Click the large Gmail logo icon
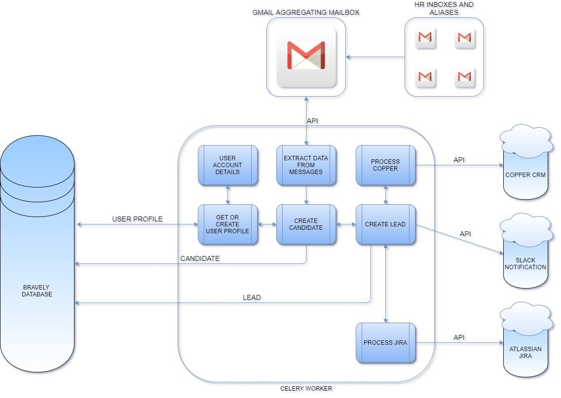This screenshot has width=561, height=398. click(x=306, y=57)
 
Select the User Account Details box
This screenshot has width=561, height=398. click(x=227, y=165)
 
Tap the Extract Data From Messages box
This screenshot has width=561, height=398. click(x=306, y=165)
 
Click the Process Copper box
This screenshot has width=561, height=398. click(x=385, y=165)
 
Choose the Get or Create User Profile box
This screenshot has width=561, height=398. click(x=227, y=224)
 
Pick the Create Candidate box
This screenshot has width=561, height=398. click(x=306, y=224)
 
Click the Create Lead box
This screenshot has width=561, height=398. click(x=385, y=224)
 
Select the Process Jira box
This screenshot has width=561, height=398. click(x=385, y=343)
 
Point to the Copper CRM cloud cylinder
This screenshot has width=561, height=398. click(x=525, y=168)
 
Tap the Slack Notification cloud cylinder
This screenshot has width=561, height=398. click(x=525, y=256)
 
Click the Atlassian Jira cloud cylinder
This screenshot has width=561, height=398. click(x=525, y=345)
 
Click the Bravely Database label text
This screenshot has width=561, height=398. click(x=37, y=290)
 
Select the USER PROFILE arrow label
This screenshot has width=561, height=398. click(x=137, y=219)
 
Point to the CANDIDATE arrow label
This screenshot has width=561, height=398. click(x=200, y=258)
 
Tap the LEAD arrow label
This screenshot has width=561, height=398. click(x=252, y=297)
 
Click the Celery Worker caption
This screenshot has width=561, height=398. click(x=306, y=389)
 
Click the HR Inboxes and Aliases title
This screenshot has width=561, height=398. click(x=444, y=8)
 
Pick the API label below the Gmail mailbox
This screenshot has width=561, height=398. click(x=312, y=120)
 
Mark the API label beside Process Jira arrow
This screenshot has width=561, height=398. click(x=459, y=338)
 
